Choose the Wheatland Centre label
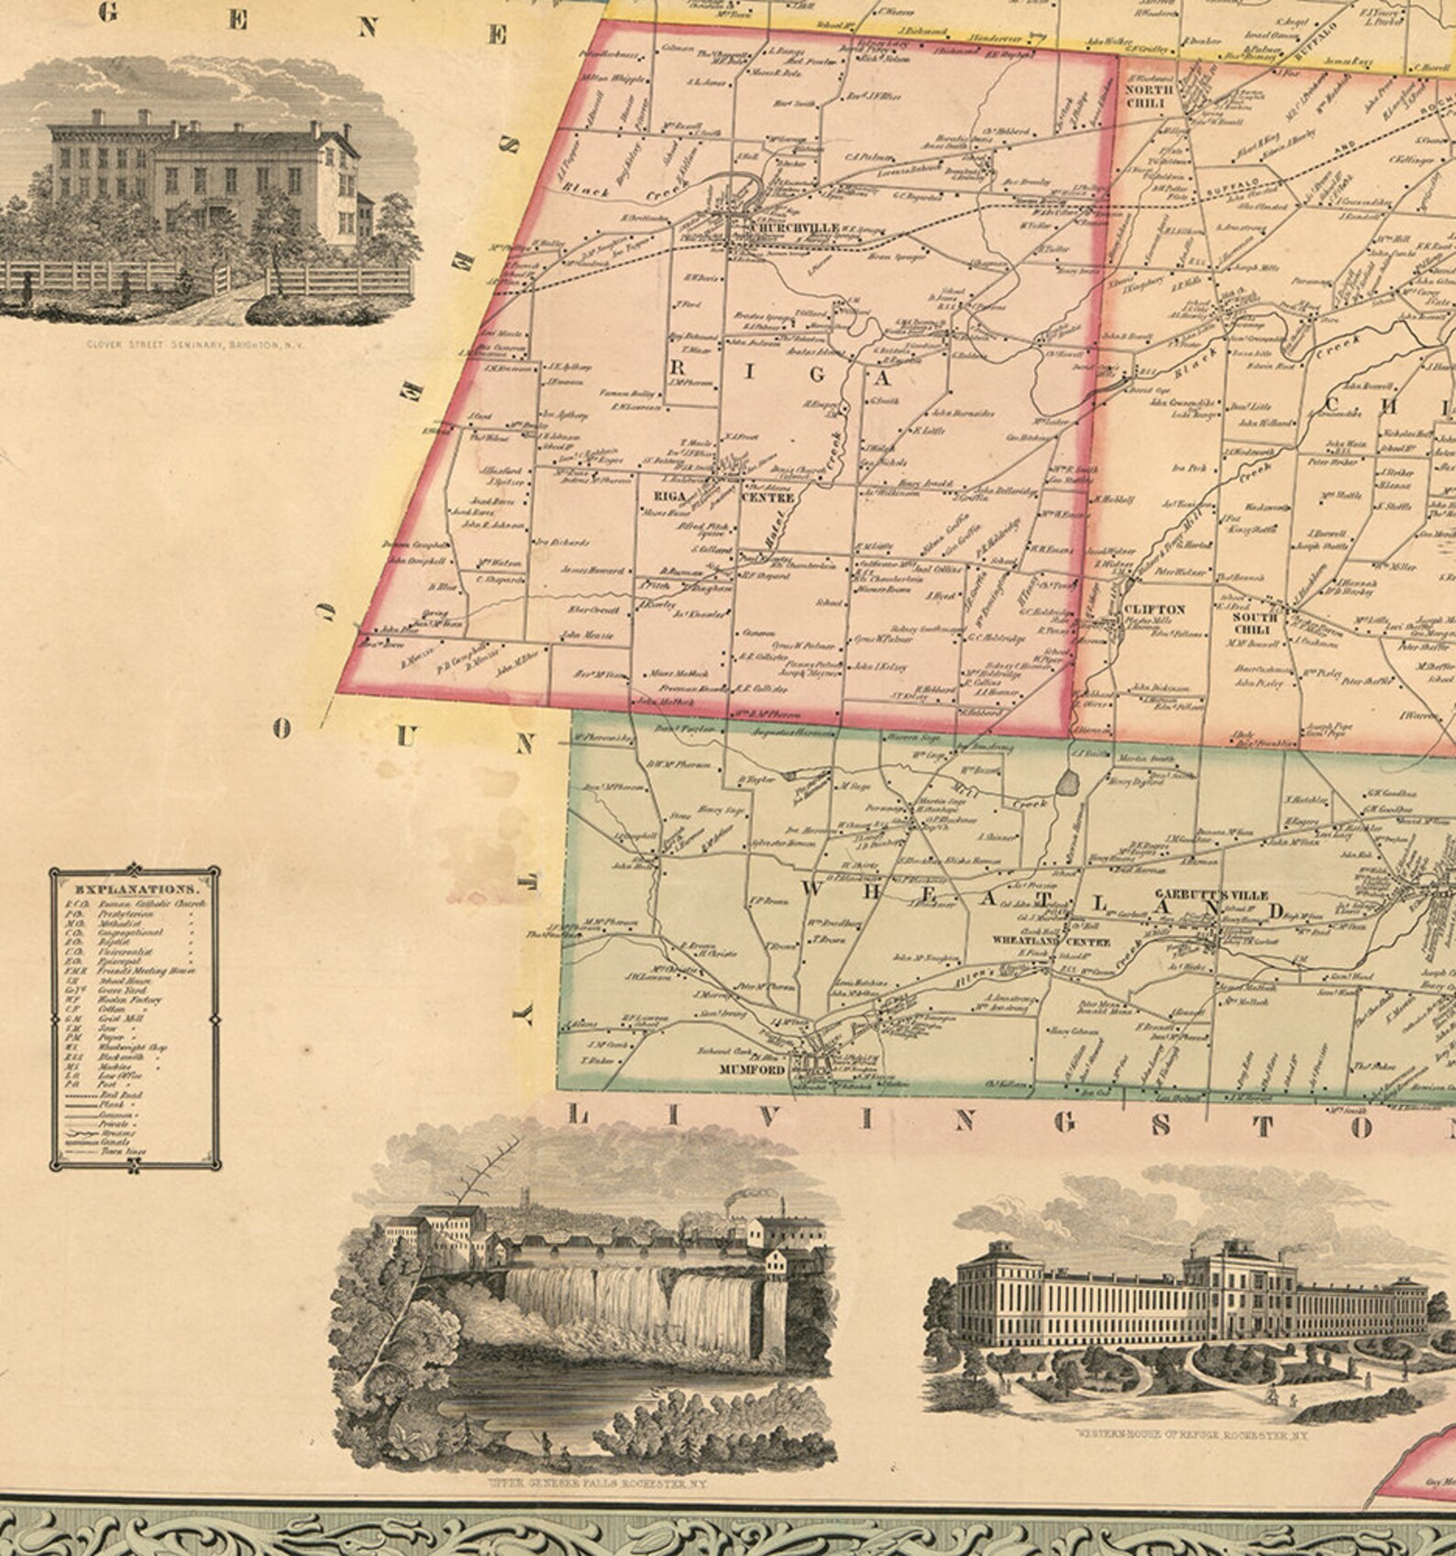(x=1052, y=942)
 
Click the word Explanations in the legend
(x=135, y=889)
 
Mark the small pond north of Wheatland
(x=1068, y=783)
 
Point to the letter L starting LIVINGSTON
(x=579, y=1116)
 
